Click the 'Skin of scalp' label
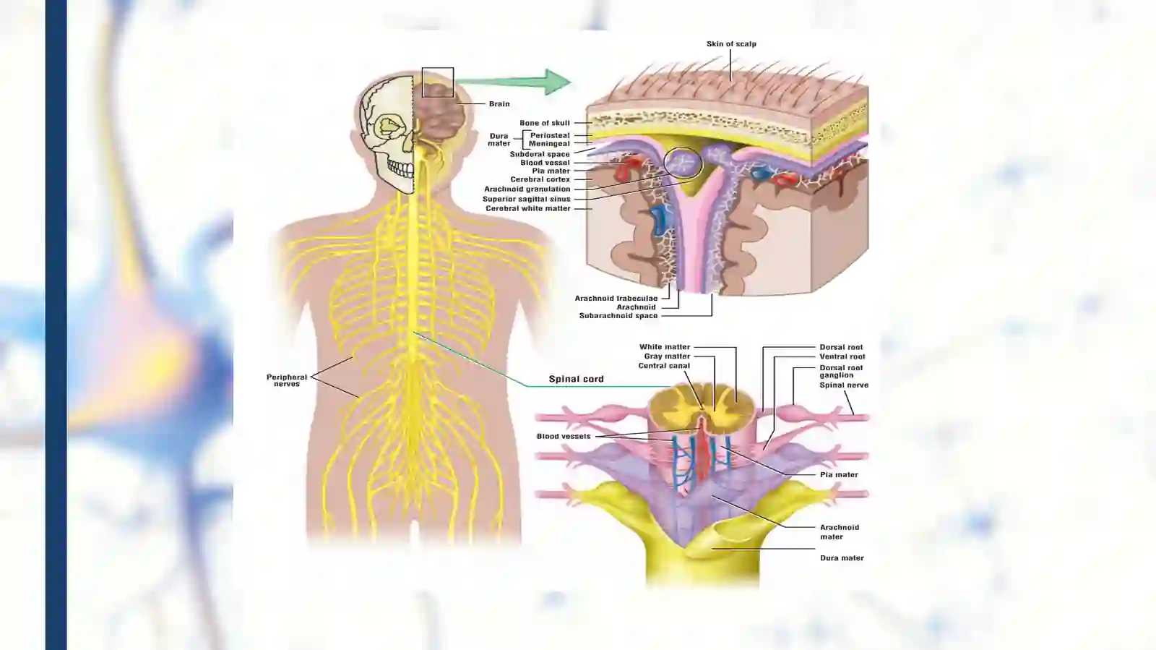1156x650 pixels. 731,44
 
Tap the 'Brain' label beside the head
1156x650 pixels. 499,104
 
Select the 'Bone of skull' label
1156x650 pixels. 545,123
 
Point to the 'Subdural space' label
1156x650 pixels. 540,154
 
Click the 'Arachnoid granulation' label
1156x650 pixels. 527,189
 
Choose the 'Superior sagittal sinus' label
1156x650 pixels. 527,199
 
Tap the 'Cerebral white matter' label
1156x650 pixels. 528,208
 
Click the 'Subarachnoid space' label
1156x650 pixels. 618,315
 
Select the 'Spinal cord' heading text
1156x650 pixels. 576,379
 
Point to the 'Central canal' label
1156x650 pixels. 664,366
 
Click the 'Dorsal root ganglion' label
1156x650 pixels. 841,371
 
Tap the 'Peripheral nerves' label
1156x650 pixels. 286,380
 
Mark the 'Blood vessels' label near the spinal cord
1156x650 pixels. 563,436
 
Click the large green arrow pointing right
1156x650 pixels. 514,82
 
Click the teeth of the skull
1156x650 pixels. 400,168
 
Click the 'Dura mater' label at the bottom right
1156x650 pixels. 842,558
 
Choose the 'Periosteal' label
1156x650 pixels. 550,135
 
